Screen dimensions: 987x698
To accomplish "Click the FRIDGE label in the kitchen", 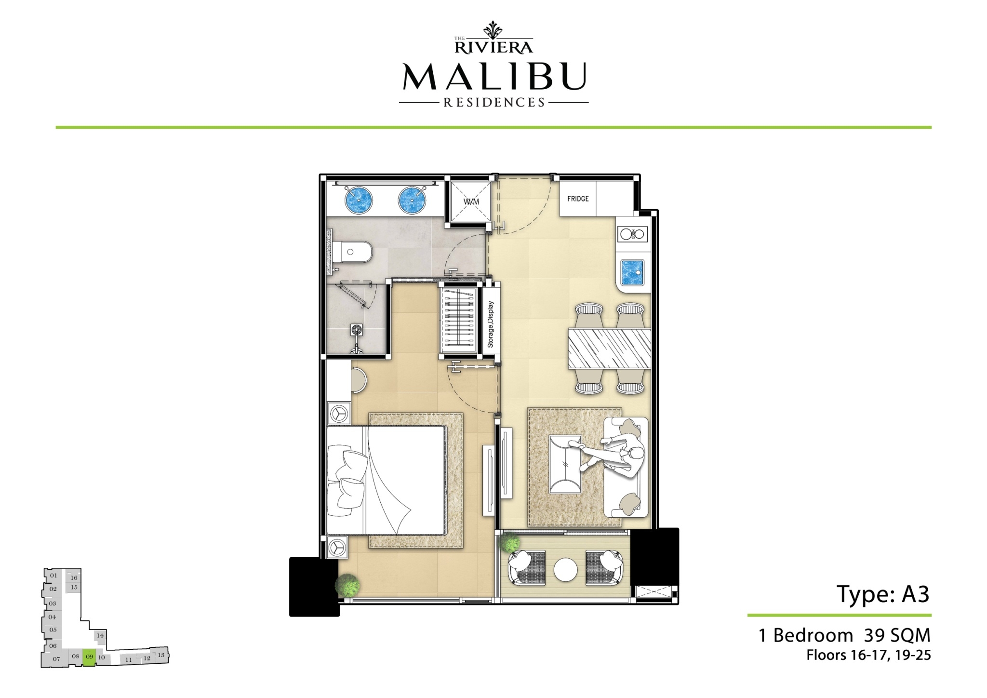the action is tap(578, 199).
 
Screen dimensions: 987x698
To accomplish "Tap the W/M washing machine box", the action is tap(471, 201).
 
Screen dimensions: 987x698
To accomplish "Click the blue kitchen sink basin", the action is tap(633, 272).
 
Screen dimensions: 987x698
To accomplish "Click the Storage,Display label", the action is tap(491, 324).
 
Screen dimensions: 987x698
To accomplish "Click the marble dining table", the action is tap(609, 349).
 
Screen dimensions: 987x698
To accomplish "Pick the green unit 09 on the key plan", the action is tap(89, 657).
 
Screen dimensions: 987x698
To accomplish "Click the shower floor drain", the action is tap(357, 330).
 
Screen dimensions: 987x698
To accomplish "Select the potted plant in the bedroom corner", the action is tap(347, 586).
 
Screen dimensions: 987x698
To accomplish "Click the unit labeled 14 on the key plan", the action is tap(100, 635).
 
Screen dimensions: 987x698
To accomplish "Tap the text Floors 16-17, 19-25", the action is tap(868, 656).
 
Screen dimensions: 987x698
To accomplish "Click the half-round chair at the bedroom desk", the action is tap(359, 380).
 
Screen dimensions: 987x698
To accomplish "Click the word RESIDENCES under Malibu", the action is tap(494, 103).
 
